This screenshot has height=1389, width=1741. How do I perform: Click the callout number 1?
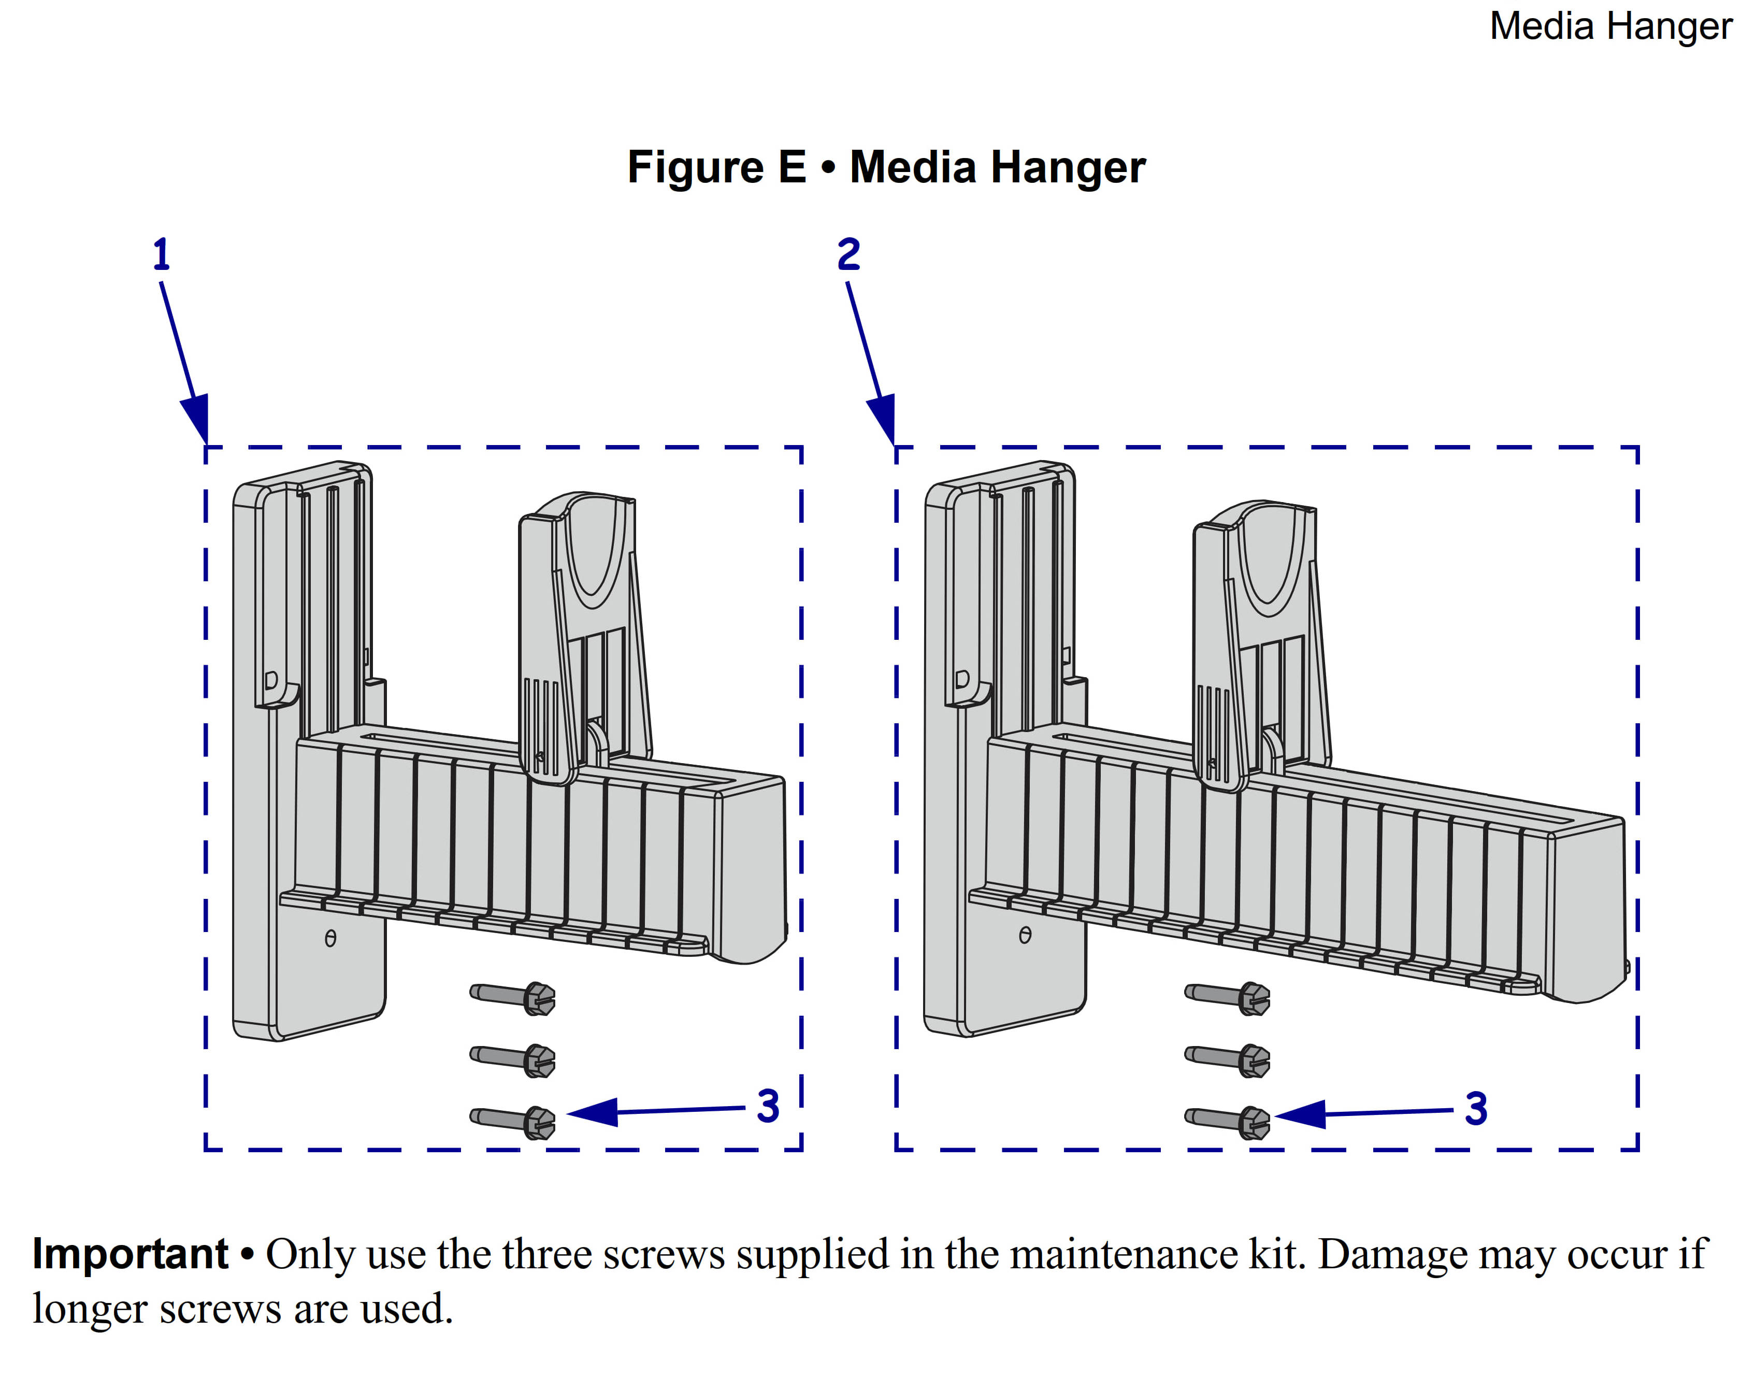pos(162,254)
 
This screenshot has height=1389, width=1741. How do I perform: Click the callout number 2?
pos(848,254)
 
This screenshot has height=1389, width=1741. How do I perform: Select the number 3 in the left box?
pos(768,1106)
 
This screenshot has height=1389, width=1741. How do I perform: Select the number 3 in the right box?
pos(1476,1109)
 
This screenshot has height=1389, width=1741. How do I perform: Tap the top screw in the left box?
pos(513,997)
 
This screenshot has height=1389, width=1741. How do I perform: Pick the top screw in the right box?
pos(1228,997)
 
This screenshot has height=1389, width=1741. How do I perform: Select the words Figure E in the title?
pos(716,167)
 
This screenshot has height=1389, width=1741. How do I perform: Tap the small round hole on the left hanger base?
pos(330,938)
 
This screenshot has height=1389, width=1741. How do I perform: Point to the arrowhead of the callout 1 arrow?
pos(198,420)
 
